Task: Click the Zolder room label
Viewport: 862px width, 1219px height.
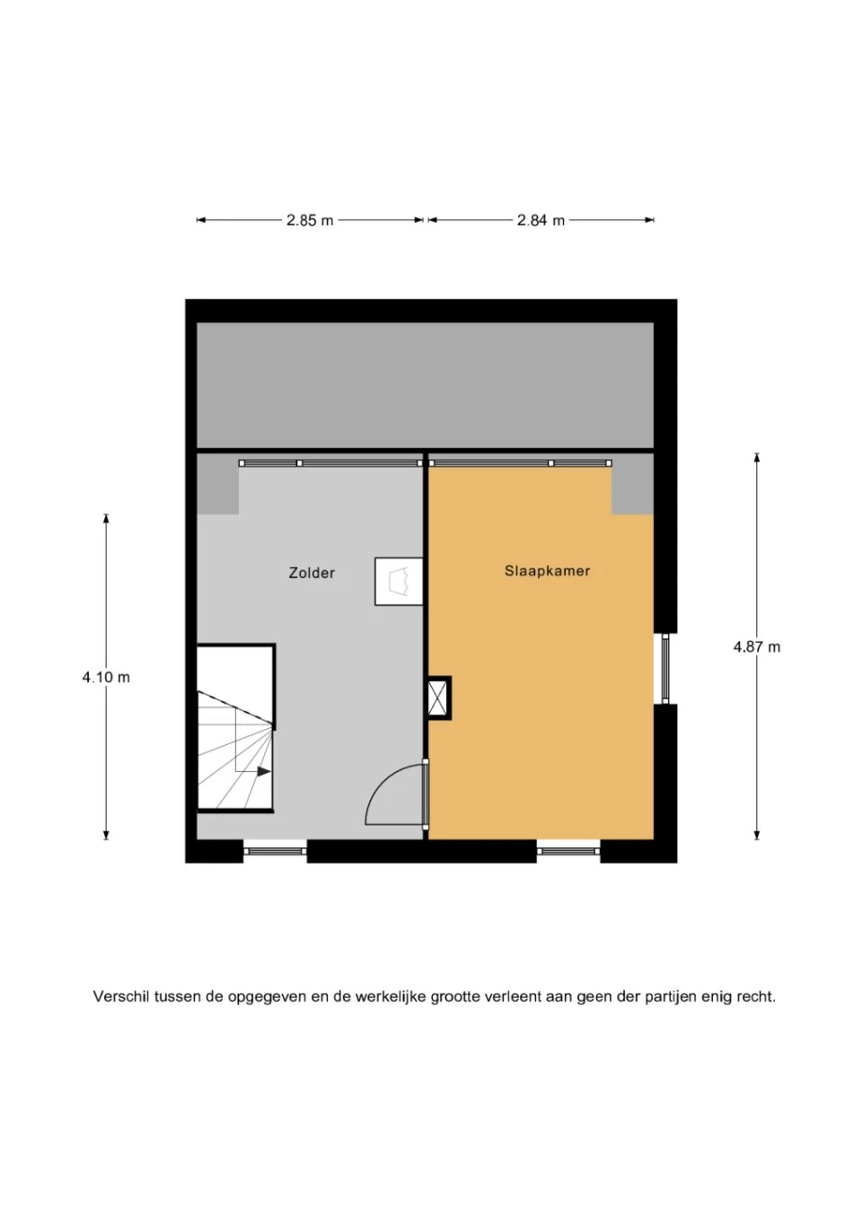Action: pyautogui.click(x=312, y=573)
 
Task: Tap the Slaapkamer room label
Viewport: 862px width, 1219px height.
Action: pyautogui.click(x=547, y=571)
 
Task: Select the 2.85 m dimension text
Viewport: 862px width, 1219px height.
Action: pyautogui.click(x=310, y=221)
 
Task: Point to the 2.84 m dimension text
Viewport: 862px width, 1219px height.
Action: pyautogui.click(x=541, y=221)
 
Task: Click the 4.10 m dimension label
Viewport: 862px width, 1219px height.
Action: pyautogui.click(x=106, y=678)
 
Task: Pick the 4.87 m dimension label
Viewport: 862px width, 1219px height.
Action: pyautogui.click(x=756, y=647)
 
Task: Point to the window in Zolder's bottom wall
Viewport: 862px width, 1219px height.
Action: pyautogui.click(x=275, y=851)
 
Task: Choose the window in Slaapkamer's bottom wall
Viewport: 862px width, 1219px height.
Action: pyautogui.click(x=568, y=851)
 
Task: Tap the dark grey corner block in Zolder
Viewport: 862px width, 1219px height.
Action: pyautogui.click(x=217, y=485)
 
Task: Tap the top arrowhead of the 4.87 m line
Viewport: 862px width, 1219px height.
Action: pyautogui.click(x=756, y=458)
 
